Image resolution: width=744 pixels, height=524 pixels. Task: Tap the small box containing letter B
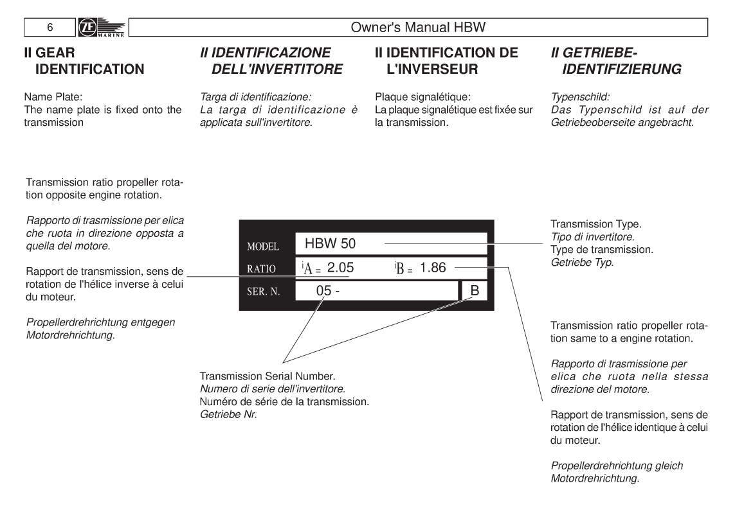click(x=475, y=290)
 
